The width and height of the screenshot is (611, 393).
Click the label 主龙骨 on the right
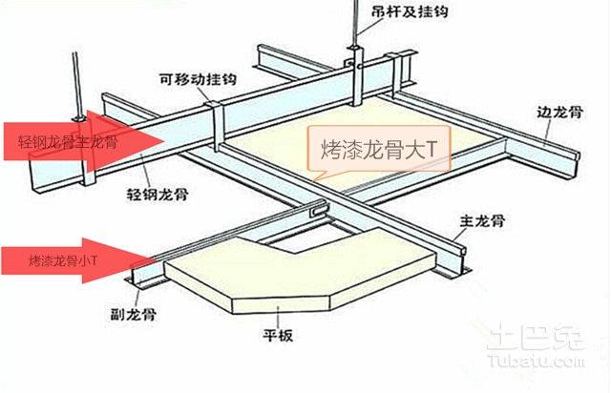click(x=482, y=222)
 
